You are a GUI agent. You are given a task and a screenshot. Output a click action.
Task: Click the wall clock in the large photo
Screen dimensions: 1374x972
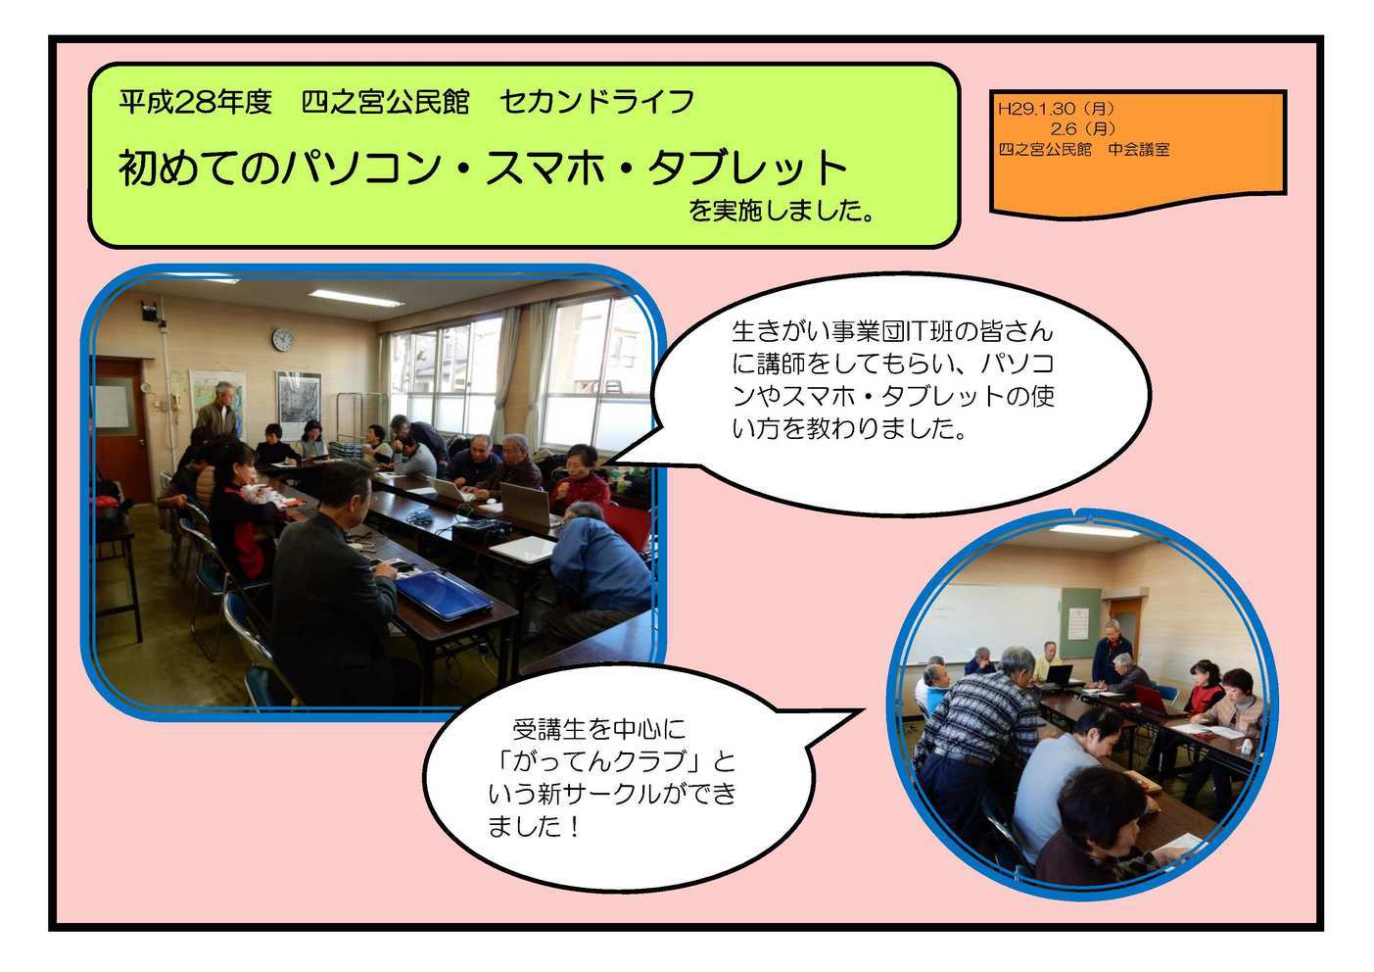(x=283, y=339)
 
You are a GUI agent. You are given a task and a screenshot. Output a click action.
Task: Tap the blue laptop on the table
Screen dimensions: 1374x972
(x=444, y=594)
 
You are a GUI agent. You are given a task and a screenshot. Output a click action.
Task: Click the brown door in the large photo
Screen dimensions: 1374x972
(x=119, y=428)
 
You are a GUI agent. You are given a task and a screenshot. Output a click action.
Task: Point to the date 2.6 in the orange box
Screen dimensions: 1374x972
(x=1063, y=129)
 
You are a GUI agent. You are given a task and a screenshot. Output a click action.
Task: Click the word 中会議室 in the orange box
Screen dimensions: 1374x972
(x=1139, y=149)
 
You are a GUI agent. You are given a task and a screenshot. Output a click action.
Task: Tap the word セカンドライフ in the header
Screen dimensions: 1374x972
(x=596, y=102)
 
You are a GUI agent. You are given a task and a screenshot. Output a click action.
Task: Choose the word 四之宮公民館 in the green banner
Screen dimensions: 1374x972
(x=385, y=102)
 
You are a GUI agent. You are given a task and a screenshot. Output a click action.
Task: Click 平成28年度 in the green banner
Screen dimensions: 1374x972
(x=196, y=102)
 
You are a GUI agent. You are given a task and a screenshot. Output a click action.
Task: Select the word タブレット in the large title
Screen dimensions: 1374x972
(x=748, y=168)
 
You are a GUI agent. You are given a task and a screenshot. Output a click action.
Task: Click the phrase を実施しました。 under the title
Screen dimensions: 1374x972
(x=782, y=211)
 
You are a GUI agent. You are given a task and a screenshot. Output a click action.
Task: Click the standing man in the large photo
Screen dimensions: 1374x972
(x=217, y=410)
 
